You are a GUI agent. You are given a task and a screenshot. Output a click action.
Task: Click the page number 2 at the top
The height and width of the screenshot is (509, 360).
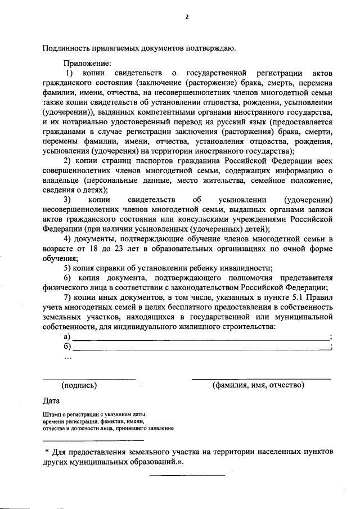click(x=186, y=17)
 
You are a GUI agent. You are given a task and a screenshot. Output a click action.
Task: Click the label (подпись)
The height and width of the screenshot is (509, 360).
click(x=79, y=385)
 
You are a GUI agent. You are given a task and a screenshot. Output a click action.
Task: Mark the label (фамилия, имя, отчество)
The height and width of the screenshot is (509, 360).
click(x=258, y=385)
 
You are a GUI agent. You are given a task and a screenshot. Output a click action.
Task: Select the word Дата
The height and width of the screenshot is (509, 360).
click(x=52, y=400)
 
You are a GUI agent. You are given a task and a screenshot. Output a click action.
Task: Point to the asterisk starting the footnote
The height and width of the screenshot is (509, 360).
click(x=47, y=452)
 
